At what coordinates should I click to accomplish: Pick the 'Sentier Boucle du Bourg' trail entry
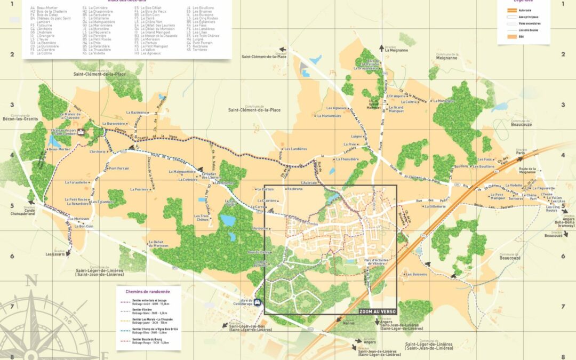pos(147,339)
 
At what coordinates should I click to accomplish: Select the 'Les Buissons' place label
pos(416,274)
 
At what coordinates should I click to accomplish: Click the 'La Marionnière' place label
pos(329,115)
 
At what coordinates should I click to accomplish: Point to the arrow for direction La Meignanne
pos(381,47)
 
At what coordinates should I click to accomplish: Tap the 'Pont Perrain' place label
pos(119,168)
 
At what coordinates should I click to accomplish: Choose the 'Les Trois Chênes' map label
pos(202,218)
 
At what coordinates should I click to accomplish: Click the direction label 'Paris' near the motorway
pos(520,153)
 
